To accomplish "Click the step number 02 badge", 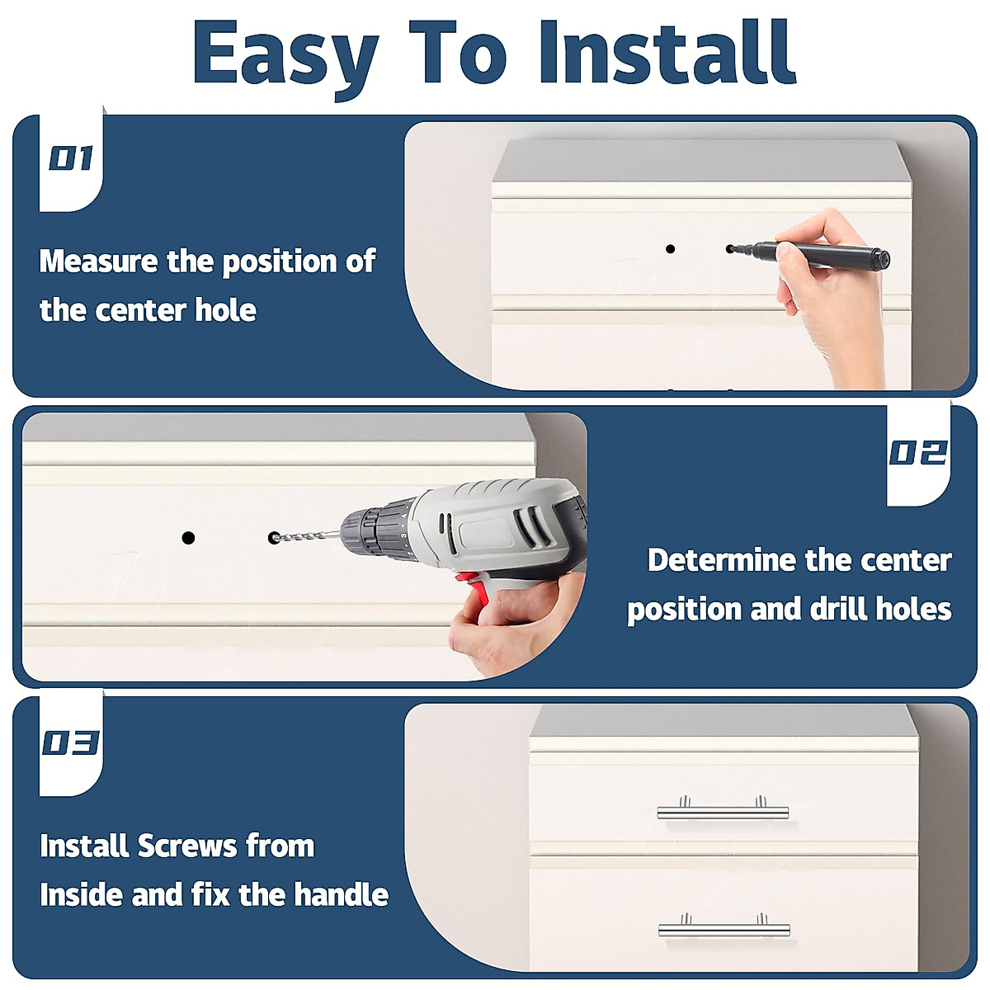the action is point(917,453).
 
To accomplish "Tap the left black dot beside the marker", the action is point(670,248).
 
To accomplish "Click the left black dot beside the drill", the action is point(189,538).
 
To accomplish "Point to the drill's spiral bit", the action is point(307,536).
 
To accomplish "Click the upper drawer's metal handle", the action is point(723,811).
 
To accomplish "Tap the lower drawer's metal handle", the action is point(724,928).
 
